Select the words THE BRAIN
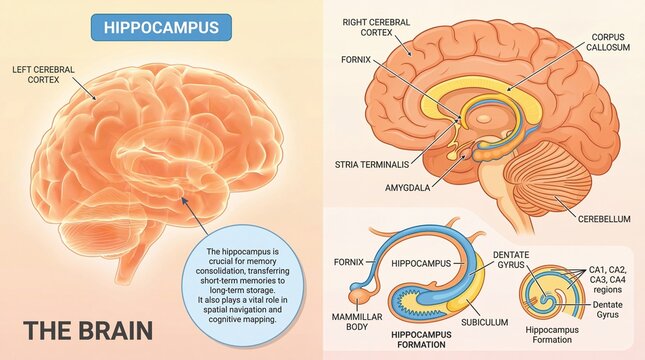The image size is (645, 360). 87,331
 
